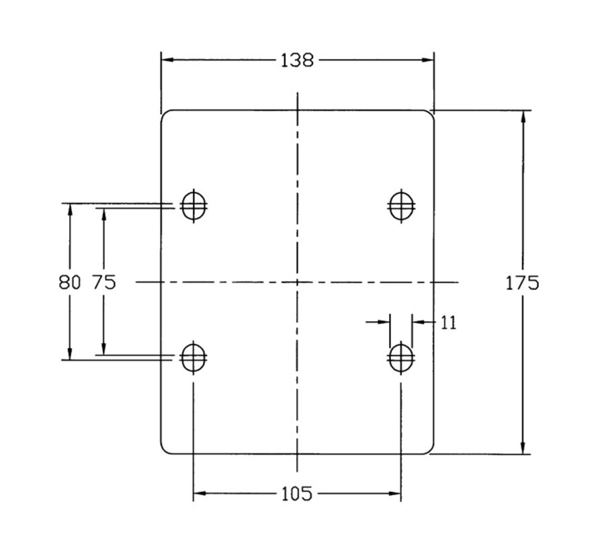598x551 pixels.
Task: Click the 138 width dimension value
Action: pyautogui.click(x=297, y=60)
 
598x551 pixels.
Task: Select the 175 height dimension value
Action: pyautogui.click(x=522, y=283)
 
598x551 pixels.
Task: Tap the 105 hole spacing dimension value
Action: pyautogui.click(x=297, y=494)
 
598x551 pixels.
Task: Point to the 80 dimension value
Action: pyautogui.click(x=70, y=282)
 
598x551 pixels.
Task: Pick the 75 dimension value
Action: pyautogui.click(x=104, y=282)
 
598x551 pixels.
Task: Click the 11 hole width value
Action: pyautogui.click(x=449, y=323)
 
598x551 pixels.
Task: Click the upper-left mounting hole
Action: pyautogui.click(x=194, y=206)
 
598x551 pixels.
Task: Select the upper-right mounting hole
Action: pyautogui.click(x=401, y=206)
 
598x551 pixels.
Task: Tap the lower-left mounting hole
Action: pyautogui.click(x=194, y=357)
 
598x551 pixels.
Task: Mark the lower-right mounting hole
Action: pyautogui.click(x=401, y=357)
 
